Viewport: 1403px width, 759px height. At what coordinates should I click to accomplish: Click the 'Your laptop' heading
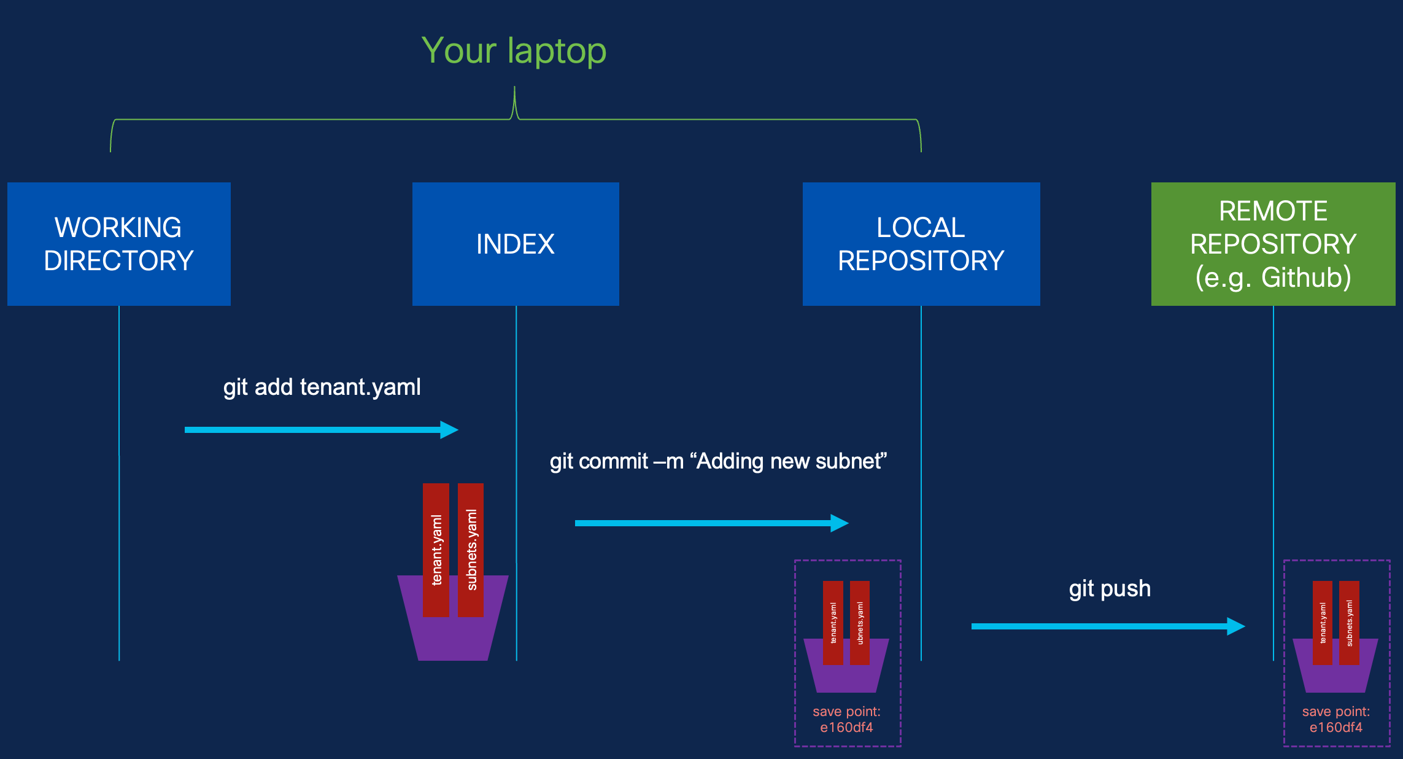coord(514,50)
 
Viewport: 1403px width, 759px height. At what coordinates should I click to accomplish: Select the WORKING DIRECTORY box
coord(119,244)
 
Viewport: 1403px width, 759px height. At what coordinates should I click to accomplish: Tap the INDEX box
coord(516,244)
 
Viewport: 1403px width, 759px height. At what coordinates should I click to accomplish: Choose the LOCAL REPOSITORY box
coord(921,244)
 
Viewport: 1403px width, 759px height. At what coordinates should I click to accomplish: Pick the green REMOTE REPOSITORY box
coord(1274,244)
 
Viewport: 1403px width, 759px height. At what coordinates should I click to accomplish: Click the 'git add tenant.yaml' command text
coord(322,387)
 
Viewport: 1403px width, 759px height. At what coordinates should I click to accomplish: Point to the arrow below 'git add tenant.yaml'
coord(322,430)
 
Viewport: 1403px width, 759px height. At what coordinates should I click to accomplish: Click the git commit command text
coord(719,461)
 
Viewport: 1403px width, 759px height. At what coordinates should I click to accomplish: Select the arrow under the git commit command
coord(712,523)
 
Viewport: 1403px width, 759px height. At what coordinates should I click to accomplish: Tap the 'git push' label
coord(1110,589)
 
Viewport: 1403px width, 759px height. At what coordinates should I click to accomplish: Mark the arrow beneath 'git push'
coord(1108,626)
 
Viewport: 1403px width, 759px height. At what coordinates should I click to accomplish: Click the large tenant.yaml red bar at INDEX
coord(436,550)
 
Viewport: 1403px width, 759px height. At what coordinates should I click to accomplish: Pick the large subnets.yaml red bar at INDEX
coord(471,550)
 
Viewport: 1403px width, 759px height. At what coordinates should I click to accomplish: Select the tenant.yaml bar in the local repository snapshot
coord(833,623)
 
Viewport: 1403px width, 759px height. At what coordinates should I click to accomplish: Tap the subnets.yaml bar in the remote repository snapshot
coord(1349,623)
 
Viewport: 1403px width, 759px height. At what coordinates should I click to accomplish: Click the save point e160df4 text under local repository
coord(847,720)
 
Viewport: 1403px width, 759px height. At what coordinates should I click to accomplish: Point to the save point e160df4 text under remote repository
coord(1336,720)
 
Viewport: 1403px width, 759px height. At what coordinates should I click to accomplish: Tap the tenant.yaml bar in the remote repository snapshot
coord(1323,623)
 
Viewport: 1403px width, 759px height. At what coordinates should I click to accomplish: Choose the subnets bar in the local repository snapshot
coord(860,623)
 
